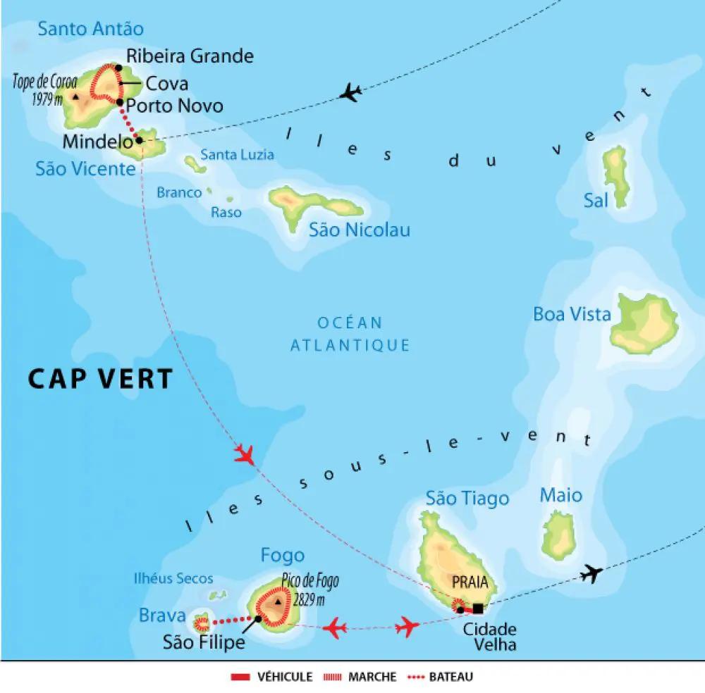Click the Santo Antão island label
point(90,29)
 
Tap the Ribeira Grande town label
point(190,56)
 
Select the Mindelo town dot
point(140,140)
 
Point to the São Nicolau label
point(360,230)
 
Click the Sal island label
point(596,201)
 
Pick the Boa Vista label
point(572,314)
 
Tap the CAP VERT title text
point(100,379)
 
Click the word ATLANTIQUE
point(350,345)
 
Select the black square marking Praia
point(479,608)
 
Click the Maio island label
point(561,495)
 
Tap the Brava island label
point(162,616)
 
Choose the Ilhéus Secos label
point(173,578)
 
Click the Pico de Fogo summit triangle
point(279,603)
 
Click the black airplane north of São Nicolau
point(350,92)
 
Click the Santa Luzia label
point(238,154)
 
